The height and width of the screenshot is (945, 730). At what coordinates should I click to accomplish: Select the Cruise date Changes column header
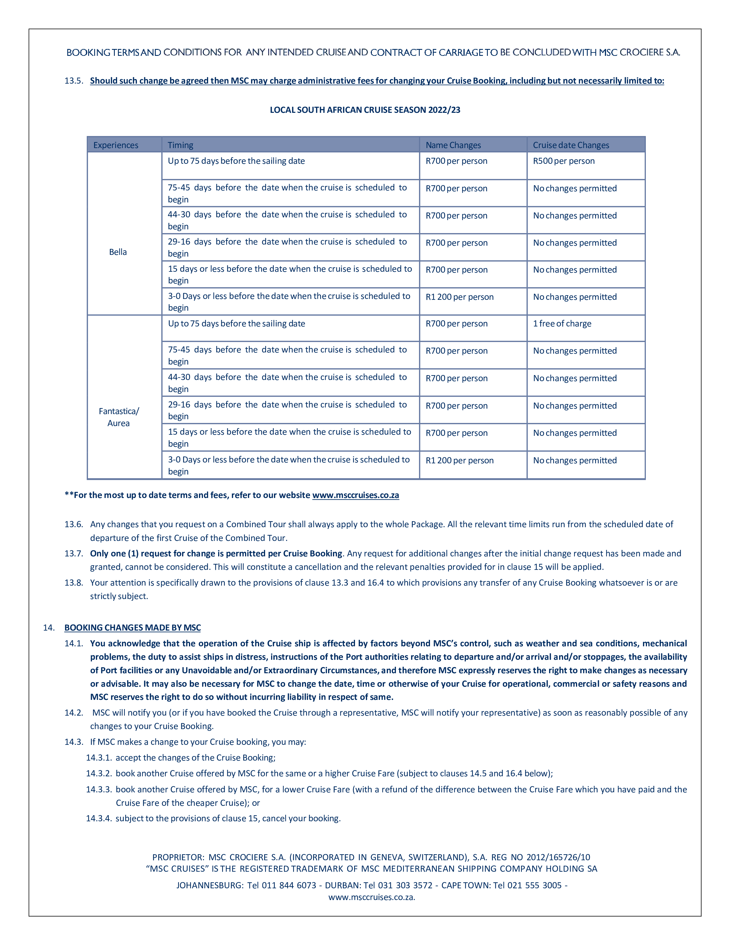pyautogui.click(x=571, y=145)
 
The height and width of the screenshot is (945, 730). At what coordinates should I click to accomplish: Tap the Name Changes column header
pyautogui.click(x=453, y=145)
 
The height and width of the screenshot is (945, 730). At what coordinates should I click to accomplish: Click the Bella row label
pyautogui.click(x=118, y=252)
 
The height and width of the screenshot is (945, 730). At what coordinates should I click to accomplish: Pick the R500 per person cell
pyautogui.click(x=563, y=161)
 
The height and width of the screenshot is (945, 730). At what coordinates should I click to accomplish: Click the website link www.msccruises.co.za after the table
pyautogui.click(x=356, y=495)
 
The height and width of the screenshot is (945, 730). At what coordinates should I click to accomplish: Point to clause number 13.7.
pyautogui.click(x=74, y=554)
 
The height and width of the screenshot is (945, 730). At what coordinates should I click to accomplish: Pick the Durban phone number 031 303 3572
pyautogui.click(x=405, y=885)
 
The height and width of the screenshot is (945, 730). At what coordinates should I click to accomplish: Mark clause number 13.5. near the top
pyautogui.click(x=74, y=81)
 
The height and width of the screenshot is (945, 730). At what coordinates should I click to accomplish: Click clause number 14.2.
pyautogui.click(x=74, y=713)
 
